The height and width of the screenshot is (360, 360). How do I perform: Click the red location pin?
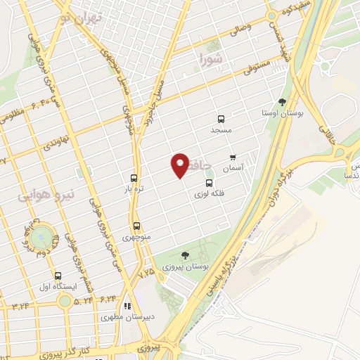click(x=181, y=165)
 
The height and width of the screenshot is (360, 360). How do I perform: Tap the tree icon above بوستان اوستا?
click(x=283, y=103)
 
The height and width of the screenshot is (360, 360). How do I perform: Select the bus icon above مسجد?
click(x=221, y=119)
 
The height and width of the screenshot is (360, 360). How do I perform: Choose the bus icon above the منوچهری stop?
click(x=136, y=226)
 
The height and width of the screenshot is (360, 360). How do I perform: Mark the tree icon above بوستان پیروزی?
click(x=185, y=256)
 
